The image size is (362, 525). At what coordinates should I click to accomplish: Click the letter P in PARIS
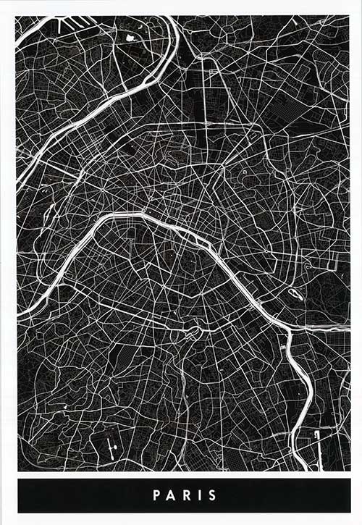[156, 496]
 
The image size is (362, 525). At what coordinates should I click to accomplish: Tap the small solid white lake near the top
[130, 37]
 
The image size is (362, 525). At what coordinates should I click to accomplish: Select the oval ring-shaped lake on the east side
[295, 294]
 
